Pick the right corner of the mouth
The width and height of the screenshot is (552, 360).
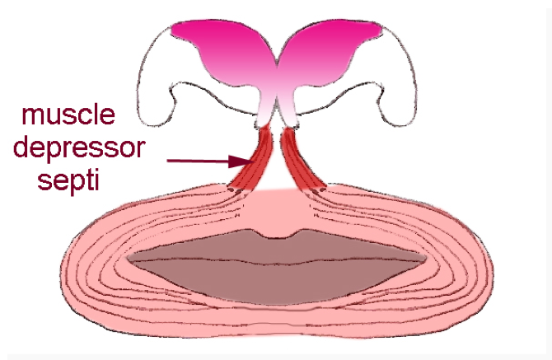[x=427, y=260]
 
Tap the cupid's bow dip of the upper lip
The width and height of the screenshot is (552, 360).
[x=277, y=236]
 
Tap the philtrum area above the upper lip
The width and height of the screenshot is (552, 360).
[x=277, y=210]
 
